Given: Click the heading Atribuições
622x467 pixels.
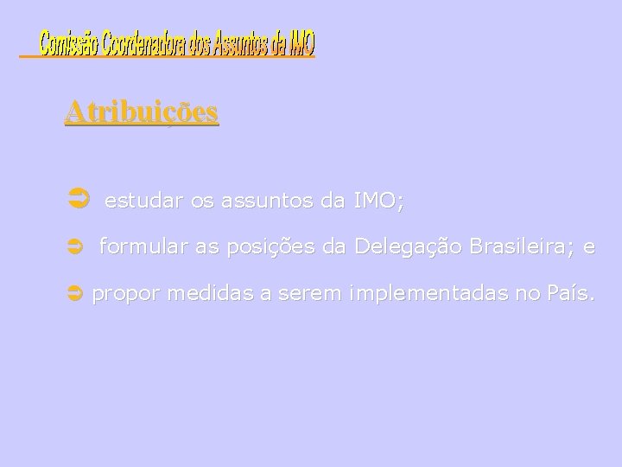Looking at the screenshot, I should click(141, 112).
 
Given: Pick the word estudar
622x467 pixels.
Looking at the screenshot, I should click(143, 202).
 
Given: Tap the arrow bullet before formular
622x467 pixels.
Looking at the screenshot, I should click(73, 248).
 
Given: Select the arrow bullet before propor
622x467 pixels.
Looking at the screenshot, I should click(73, 294).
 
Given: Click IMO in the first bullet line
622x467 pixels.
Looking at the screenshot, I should click(378, 202).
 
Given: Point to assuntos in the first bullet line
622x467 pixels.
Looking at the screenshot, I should click(267, 202).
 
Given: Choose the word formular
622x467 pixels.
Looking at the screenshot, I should click(143, 248).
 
